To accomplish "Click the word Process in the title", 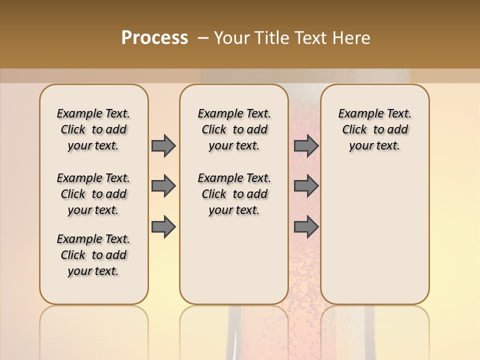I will pyautogui.click(x=154, y=38).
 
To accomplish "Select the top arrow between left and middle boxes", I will pyautogui.click(x=163, y=145).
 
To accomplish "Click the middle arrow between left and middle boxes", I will pyautogui.click(x=163, y=186).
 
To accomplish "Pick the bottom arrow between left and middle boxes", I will pyautogui.click(x=163, y=226).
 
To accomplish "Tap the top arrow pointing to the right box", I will pyautogui.click(x=306, y=145).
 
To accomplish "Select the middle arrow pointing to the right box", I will pyautogui.click(x=306, y=186).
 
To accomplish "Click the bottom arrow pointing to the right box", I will pyautogui.click(x=306, y=226).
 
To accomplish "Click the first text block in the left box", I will pyautogui.click(x=93, y=129).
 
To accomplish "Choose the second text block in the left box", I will pyautogui.click(x=93, y=194).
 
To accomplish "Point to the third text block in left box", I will pyautogui.click(x=93, y=255).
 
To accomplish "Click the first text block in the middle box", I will pyautogui.click(x=234, y=129).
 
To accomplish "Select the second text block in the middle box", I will pyautogui.click(x=234, y=194).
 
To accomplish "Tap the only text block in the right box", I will pyautogui.click(x=374, y=129).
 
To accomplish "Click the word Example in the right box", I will pyautogui.click(x=357, y=114).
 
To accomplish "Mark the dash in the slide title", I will pyautogui.click(x=202, y=38).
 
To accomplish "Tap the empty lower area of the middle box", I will pyautogui.click(x=234, y=260).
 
